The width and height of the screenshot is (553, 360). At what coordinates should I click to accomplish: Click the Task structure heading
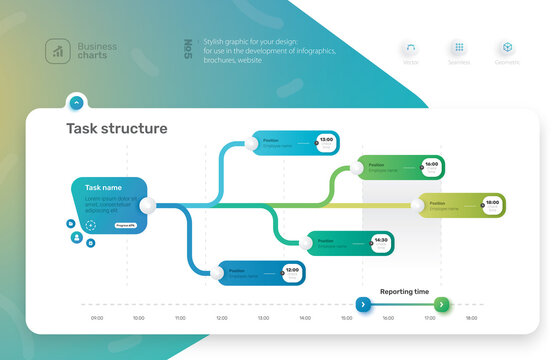coord(117,129)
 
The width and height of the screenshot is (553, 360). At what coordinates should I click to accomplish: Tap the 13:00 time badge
coord(326,141)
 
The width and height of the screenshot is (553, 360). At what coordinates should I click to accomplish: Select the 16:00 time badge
coord(431,166)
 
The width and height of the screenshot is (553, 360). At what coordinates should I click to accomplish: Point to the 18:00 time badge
coord(492,204)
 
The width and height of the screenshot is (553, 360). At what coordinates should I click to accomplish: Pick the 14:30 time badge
coord(381,242)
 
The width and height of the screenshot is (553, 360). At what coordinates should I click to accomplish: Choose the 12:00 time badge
coord(291,271)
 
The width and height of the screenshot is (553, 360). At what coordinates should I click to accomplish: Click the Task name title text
coord(103,188)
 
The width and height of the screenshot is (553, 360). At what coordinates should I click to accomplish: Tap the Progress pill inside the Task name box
coord(125,226)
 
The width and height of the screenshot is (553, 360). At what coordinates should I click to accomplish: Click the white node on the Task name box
coord(149,206)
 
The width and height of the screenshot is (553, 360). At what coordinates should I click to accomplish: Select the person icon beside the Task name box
coord(75,238)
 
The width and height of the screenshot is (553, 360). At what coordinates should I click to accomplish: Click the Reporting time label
coord(404,292)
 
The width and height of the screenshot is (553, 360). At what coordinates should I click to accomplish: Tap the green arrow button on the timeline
coord(443,304)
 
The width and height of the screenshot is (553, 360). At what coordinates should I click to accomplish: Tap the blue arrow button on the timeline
coord(362,304)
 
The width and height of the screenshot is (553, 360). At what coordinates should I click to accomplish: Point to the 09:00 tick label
coord(97,318)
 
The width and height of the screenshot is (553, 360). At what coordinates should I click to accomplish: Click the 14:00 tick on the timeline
coord(305,318)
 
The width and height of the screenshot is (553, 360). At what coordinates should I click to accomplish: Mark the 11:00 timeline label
coord(180,318)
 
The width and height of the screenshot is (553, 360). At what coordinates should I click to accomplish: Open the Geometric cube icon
coord(507,48)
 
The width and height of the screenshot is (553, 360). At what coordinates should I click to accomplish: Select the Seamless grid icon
coord(459,48)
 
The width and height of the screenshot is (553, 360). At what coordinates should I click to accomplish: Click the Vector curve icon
coord(411,48)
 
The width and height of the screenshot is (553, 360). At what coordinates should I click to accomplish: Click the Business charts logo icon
coord(57,49)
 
